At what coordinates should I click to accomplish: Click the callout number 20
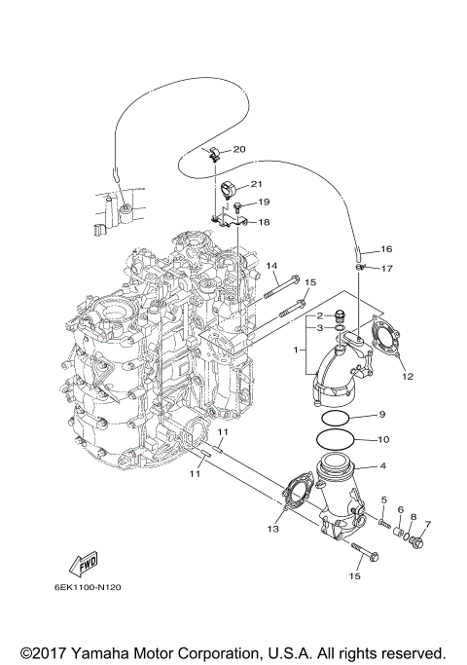pyautogui.click(x=239, y=149)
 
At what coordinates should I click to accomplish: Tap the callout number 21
pyautogui.click(x=257, y=183)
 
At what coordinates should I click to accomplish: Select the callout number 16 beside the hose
pyautogui.click(x=386, y=249)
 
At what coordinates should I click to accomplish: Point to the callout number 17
pyautogui.click(x=386, y=268)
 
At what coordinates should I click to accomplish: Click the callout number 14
pyautogui.click(x=272, y=266)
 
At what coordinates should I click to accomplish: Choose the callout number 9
pyautogui.click(x=382, y=414)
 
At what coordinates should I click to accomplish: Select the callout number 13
pyautogui.click(x=274, y=529)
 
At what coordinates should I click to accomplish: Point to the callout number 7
pyautogui.click(x=427, y=525)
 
